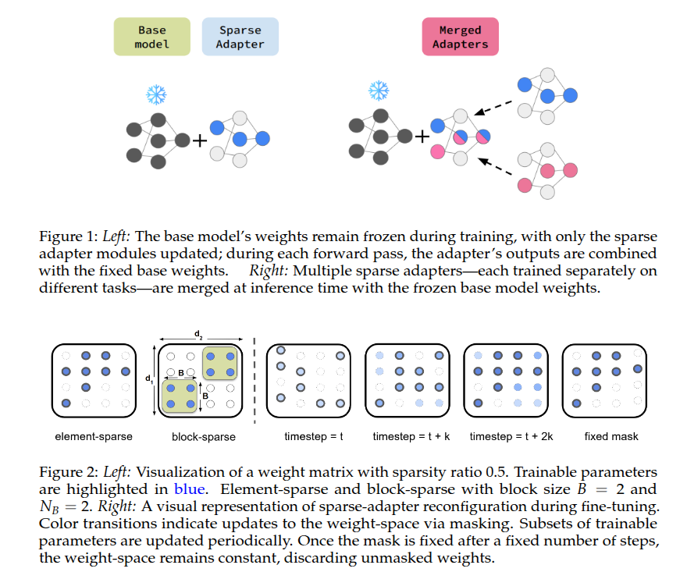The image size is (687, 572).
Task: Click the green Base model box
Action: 152,37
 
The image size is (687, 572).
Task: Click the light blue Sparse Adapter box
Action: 240,37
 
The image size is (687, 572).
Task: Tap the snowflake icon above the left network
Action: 156,95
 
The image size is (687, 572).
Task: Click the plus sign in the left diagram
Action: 200,140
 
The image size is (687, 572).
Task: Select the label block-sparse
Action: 203,436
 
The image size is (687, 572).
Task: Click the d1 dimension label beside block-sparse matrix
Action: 148,380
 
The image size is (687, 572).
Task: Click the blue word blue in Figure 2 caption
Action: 187,489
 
